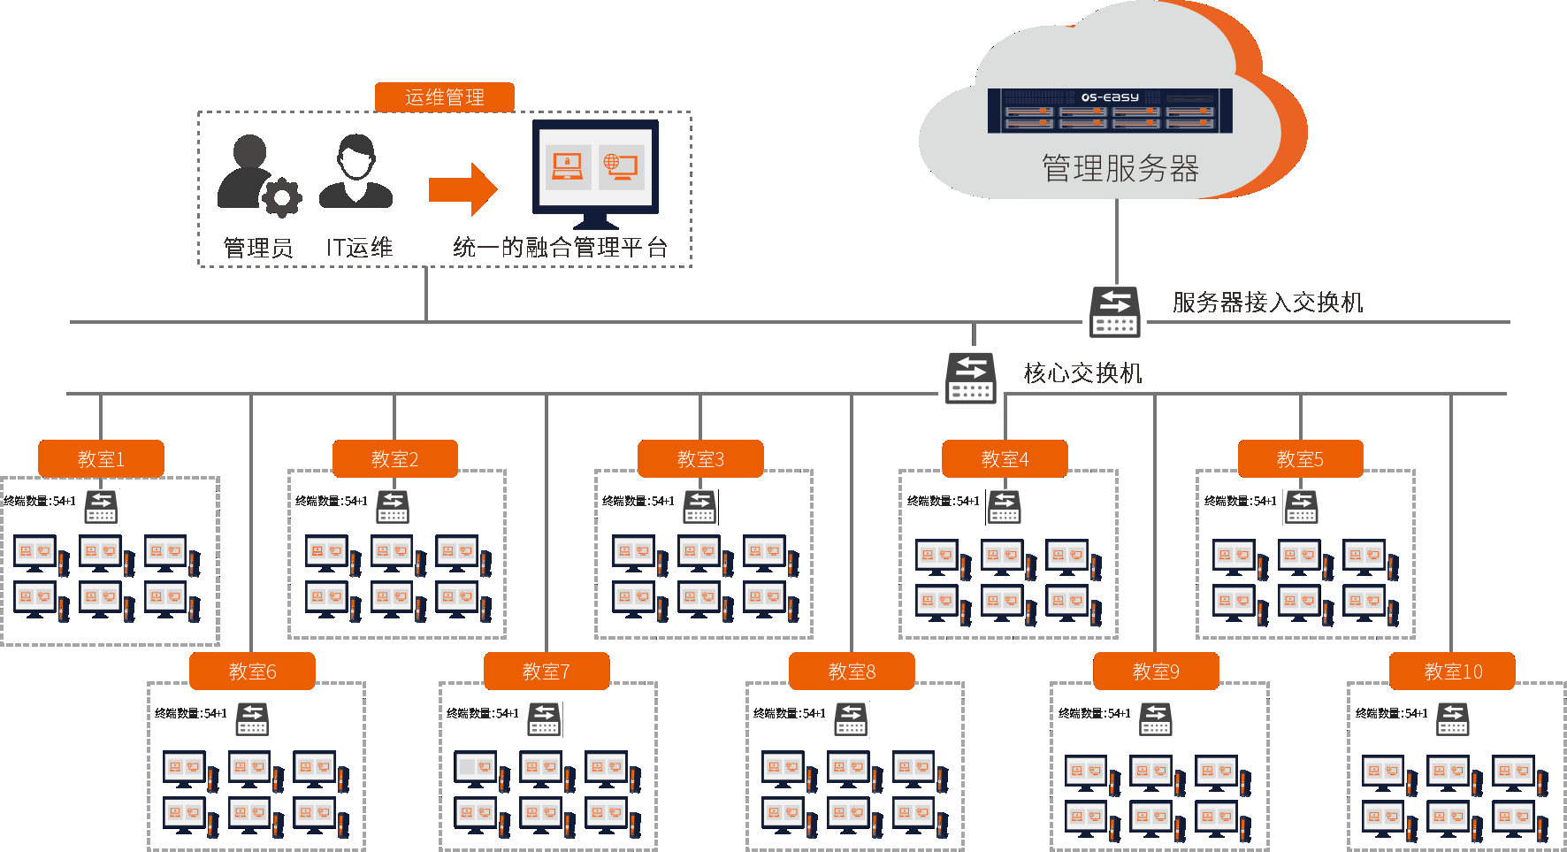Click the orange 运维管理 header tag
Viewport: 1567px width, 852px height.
pos(444,97)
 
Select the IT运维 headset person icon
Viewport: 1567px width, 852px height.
pos(355,172)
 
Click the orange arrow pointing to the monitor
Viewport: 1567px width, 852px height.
pos(462,188)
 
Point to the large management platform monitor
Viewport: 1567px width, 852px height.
pos(595,173)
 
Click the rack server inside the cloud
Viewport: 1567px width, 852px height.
pos(1109,111)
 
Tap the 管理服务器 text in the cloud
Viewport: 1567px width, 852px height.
pos(1120,168)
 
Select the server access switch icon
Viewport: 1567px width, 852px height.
pos(1114,311)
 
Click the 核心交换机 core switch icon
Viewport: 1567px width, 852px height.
pos(970,378)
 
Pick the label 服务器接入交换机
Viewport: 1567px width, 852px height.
pos(1267,303)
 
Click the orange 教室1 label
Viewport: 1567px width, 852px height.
pos(101,459)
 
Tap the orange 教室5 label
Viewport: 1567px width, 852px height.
pos(1300,459)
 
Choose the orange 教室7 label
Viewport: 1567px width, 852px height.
pos(546,672)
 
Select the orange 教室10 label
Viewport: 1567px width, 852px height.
pos(1452,672)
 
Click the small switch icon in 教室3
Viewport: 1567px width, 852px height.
pos(699,506)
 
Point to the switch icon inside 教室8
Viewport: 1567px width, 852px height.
pos(851,718)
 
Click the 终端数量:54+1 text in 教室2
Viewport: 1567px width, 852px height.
pos(331,501)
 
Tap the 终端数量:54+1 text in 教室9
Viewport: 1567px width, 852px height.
pos(1094,713)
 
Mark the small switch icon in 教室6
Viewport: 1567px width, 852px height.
pos(252,718)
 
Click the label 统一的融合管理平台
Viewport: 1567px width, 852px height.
pos(560,248)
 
